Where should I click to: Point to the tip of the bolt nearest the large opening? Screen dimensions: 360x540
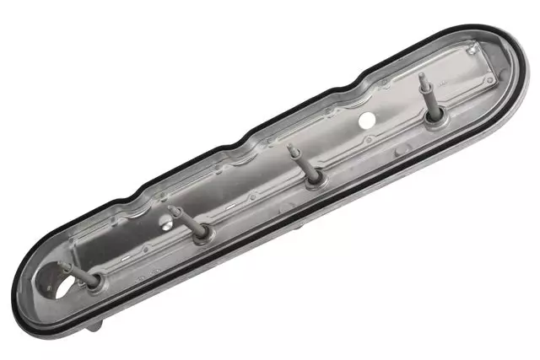62,265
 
